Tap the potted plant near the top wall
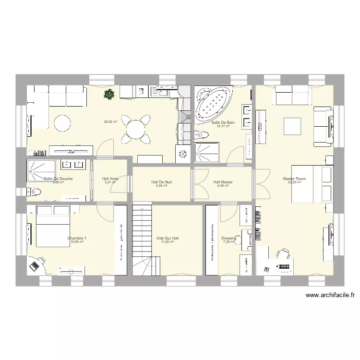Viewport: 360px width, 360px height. point(109,95)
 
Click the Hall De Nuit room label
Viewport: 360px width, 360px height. point(161,182)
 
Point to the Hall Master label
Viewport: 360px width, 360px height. point(223,182)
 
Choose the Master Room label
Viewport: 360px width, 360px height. point(294,179)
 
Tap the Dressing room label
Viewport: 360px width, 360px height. point(228,238)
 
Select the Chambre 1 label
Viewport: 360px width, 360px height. point(77,238)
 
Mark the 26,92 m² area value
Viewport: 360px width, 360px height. point(110,121)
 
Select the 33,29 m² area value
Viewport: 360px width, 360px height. point(294,182)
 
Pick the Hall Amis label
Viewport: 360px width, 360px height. point(110,179)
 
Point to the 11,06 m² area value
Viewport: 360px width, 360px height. point(167,242)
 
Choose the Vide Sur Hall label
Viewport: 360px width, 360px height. point(168,238)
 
